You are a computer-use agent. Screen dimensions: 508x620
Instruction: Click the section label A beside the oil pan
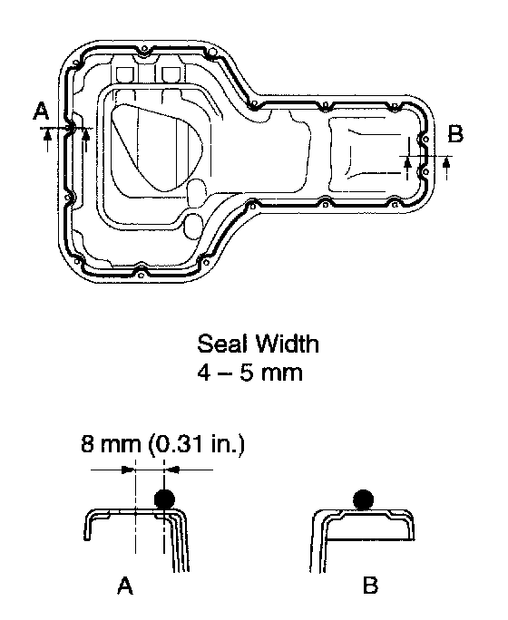click(41, 111)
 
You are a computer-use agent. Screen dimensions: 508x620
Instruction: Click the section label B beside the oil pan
click(455, 133)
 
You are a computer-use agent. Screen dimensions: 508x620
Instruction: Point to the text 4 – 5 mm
click(250, 373)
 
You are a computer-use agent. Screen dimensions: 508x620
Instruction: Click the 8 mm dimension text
click(111, 443)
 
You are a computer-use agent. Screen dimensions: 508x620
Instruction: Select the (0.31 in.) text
click(197, 444)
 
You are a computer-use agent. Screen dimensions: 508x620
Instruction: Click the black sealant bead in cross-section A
click(164, 499)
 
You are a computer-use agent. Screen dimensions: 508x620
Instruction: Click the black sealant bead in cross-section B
click(363, 499)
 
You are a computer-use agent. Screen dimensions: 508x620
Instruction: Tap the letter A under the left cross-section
click(125, 586)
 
